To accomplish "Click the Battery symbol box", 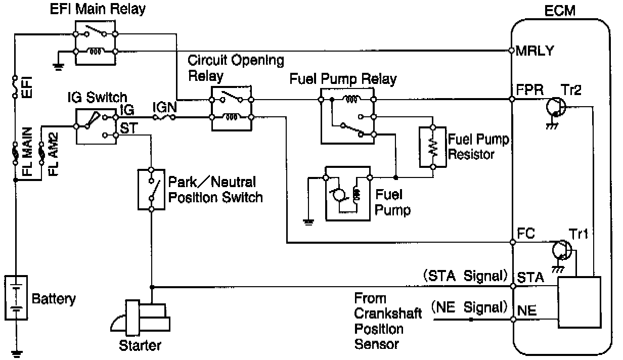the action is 16,297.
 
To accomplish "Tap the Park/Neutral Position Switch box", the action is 151,189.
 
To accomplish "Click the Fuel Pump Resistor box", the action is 433,147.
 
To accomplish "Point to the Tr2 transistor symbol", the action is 556,107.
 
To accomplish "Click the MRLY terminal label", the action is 535,51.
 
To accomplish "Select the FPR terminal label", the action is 529,90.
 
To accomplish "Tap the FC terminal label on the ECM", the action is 526,234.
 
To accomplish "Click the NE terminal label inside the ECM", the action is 527,310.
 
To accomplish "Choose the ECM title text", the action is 560,11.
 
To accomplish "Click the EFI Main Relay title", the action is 98,9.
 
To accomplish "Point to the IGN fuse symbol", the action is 164,118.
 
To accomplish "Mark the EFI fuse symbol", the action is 15,86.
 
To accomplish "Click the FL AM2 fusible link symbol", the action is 41,153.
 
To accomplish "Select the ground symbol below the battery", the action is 16,354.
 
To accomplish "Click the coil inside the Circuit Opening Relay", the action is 232,117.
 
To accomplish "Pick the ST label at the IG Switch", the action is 128,128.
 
